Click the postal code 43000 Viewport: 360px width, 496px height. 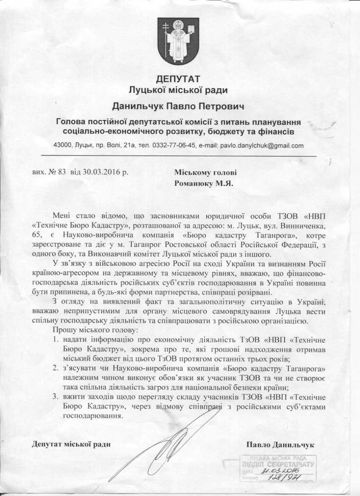point(63,145)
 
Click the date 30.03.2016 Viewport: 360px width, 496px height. point(100,172)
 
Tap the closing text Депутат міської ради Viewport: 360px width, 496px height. point(71,444)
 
